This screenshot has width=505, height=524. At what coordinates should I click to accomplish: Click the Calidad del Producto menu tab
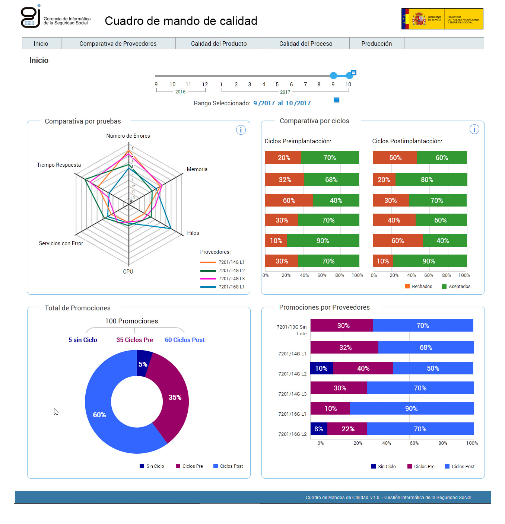pos(219,44)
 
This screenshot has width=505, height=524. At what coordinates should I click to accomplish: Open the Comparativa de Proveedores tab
pos(118,44)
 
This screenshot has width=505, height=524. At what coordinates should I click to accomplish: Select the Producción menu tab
pos(377,44)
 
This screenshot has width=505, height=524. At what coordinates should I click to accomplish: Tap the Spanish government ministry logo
pos(442,19)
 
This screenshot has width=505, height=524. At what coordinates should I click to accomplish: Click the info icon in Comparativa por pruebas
pos(241,130)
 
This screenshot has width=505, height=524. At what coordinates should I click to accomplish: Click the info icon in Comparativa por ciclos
pos(474,129)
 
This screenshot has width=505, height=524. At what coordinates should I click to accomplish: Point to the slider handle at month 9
pos(333,76)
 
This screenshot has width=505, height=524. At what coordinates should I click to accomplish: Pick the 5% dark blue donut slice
pos(143,363)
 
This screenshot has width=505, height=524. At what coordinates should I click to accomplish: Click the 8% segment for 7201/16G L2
pos(319,429)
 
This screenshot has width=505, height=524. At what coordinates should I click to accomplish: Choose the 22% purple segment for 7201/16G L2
pos(347,429)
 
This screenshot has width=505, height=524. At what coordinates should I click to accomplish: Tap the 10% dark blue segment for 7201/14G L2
pos(321,368)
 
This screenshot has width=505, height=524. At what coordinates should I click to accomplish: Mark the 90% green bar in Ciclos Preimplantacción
pos(323,240)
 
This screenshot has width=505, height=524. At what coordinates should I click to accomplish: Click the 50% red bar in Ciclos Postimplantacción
pos(395,157)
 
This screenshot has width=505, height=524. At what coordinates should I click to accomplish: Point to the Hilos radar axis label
pos(193,233)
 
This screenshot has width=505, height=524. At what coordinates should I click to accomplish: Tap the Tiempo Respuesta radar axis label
pos(59,165)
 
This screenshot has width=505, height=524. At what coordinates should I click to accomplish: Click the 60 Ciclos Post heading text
pos(185,340)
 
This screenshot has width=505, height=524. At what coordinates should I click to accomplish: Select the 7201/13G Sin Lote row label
pos(292,330)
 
